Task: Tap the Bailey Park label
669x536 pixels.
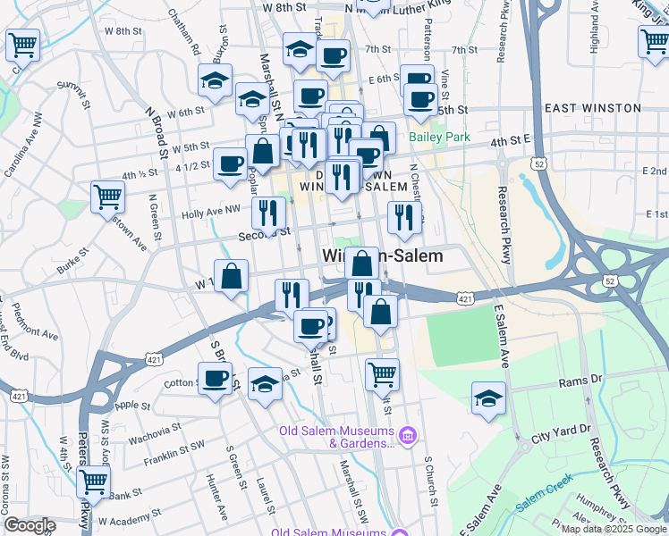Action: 439,138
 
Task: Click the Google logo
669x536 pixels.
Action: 30,525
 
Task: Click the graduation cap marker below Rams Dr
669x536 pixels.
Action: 488,398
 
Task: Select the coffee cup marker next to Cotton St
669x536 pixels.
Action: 216,379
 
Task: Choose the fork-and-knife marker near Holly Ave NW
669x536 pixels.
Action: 267,212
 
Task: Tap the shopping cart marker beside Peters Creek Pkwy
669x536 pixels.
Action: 93,482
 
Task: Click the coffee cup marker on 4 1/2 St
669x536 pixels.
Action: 230,163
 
